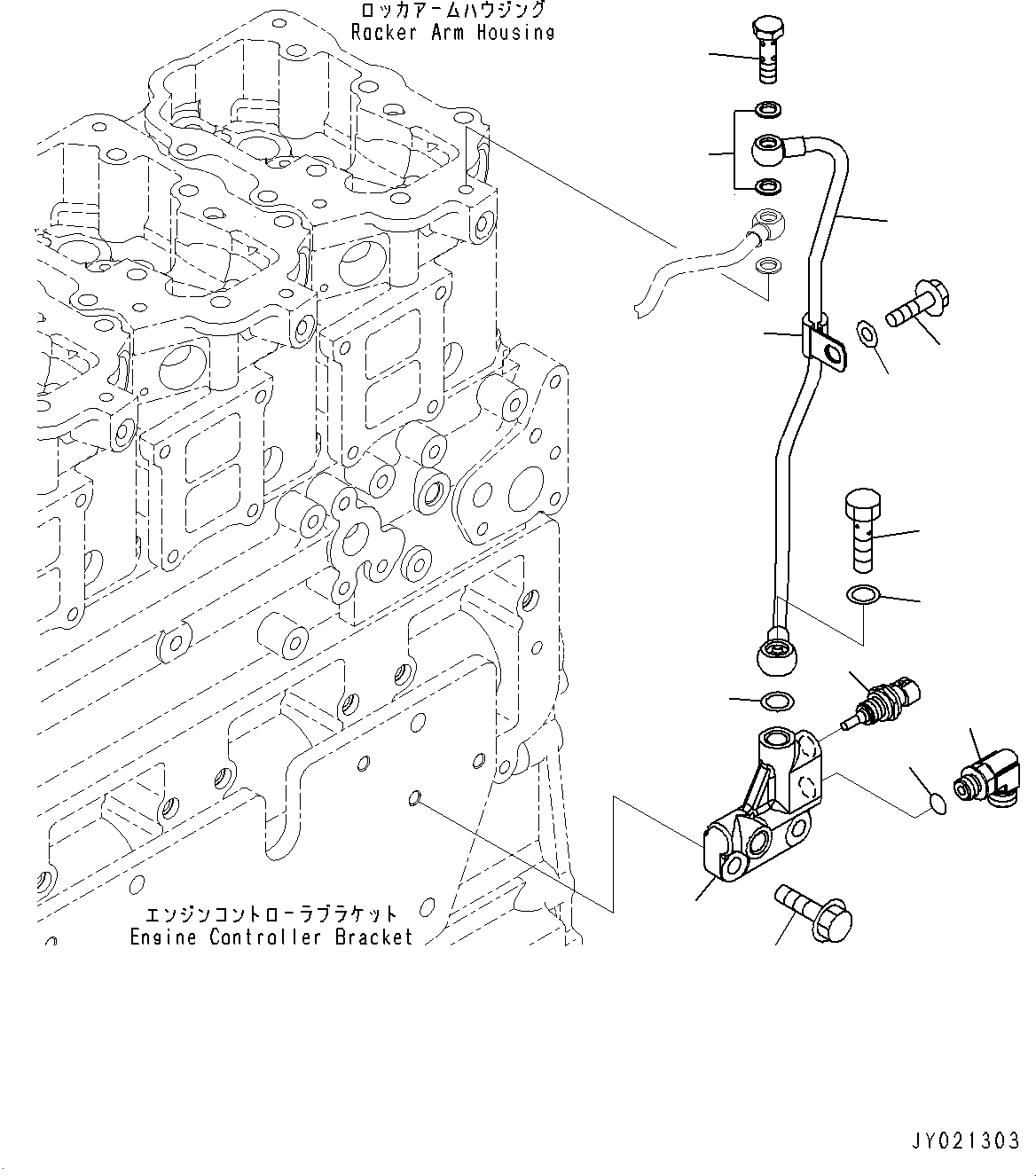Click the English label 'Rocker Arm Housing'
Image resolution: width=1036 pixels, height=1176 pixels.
click(x=452, y=33)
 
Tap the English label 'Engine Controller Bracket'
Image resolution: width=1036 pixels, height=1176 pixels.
click(x=271, y=937)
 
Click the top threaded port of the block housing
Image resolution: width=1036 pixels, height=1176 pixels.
click(x=776, y=739)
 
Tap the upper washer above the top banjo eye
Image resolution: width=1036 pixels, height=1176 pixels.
click(x=768, y=111)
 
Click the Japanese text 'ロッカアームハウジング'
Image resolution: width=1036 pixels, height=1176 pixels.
click(x=452, y=11)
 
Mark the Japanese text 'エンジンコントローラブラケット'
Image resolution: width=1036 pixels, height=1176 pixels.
click(x=271, y=915)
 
